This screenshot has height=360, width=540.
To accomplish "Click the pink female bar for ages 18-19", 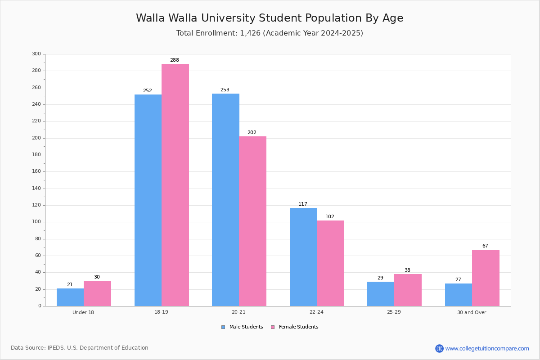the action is pos(175,185).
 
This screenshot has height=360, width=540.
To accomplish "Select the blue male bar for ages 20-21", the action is pos(225,200).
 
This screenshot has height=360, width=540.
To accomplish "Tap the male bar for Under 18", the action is pos(70,297).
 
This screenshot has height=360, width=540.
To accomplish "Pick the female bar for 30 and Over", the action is pos(486,278).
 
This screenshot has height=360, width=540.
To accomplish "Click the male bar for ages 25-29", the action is pos(381,294).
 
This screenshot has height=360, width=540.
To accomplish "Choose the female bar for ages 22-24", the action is pos(330,263).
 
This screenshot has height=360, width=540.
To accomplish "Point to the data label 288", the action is pos(175,60).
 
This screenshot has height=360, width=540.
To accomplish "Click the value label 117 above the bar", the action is pos(303,204).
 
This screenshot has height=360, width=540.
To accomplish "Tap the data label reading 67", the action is pos(485,246).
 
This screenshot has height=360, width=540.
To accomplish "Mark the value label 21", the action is pos(70,284).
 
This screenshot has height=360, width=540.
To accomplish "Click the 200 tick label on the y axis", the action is pos(36,138).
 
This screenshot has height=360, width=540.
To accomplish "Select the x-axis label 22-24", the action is pos(316,312).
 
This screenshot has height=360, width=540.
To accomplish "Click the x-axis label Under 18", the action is pos(83,312).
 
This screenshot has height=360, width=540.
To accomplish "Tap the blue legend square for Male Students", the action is pos(223,327).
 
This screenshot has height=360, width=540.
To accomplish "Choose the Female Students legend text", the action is pos(298,327).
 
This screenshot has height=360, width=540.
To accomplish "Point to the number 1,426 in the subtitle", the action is pos(250,33).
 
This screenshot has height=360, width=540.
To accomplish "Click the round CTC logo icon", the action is pos(439,348).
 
